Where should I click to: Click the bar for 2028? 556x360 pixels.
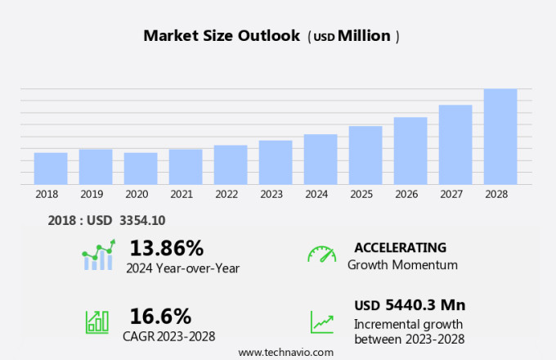pos(500,137)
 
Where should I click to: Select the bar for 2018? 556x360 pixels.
pos(51,169)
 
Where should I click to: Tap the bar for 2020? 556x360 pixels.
pos(141,169)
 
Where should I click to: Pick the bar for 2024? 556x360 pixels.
pos(321,160)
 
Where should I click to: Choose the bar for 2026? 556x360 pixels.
pos(410,151)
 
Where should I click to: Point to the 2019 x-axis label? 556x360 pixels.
pos(92,194)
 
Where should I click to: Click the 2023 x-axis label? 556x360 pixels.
pos(271,194)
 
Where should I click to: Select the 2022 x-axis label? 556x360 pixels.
pos(226,194)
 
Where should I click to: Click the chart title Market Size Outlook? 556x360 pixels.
pos(222,36)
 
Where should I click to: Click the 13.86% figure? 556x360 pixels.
pos(166,247)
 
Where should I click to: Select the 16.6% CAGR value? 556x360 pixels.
pos(160,316)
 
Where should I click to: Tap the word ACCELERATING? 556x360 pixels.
pos(400,247)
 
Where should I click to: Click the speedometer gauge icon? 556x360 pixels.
pos(321,254)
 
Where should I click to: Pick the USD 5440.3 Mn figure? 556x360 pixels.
pos(410,305)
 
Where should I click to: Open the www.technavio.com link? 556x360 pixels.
pos(285,352)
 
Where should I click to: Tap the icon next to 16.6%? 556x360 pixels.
pos(97,322)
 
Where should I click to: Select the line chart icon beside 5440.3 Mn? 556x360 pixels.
pos(321,322)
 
